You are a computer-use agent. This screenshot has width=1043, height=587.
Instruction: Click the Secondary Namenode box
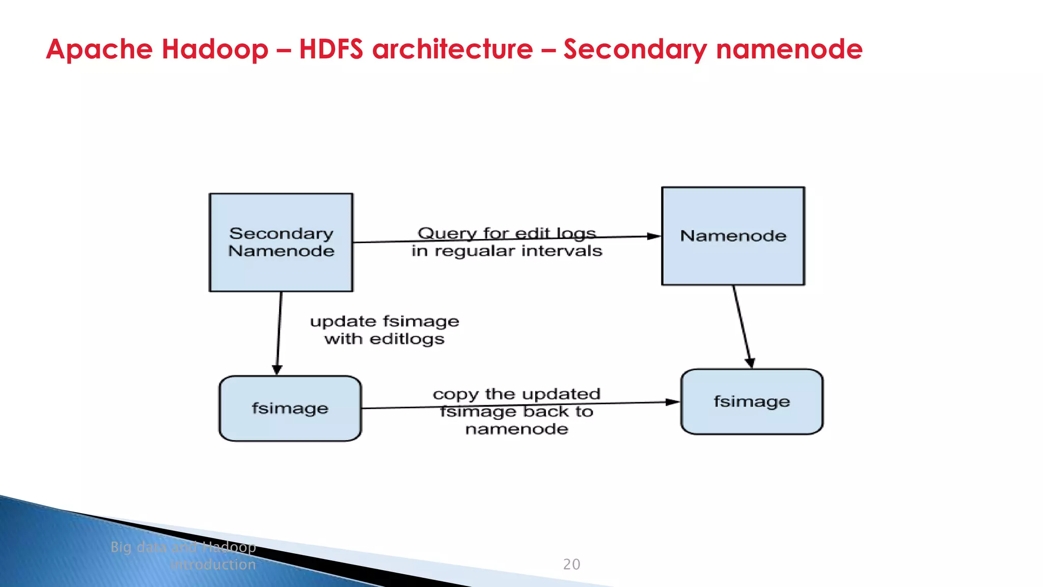click(x=281, y=243)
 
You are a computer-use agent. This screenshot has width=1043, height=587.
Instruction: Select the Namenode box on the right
click(x=733, y=236)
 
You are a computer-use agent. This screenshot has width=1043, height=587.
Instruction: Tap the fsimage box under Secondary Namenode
click(x=290, y=408)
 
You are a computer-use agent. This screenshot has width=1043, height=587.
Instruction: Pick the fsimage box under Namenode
click(x=752, y=402)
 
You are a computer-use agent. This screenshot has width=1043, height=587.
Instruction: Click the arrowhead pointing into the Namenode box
click(x=654, y=236)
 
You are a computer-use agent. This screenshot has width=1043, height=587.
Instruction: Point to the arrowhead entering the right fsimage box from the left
click(x=673, y=402)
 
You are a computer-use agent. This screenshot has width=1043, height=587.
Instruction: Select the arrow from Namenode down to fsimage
click(x=742, y=326)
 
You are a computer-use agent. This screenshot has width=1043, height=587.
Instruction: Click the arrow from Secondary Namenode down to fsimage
click(x=279, y=334)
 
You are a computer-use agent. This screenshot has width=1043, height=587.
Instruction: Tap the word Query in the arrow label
click(x=447, y=233)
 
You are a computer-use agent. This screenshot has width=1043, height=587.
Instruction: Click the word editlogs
click(x=407, y=339)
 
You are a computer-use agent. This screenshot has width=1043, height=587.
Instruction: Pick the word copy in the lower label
click(x=455, y=394)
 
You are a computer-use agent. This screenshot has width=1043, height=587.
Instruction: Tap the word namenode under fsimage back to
click(x=516, y=429)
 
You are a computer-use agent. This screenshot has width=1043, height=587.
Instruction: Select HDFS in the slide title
click(x=331, y=49)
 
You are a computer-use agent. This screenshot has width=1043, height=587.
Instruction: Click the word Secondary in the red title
click(x=635, y=50)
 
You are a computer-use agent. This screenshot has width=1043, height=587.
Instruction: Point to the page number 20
click(x=571, y=564)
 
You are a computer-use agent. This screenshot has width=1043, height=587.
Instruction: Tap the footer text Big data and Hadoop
click(x=183, y=547)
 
